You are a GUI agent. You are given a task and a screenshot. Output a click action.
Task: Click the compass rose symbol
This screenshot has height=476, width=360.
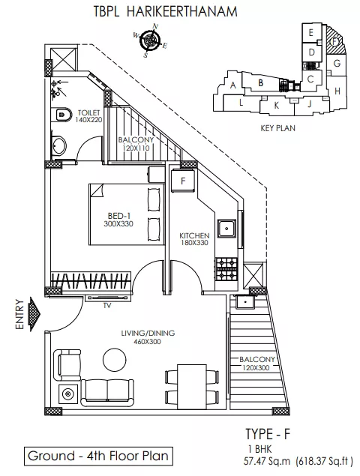(x=150, y=40)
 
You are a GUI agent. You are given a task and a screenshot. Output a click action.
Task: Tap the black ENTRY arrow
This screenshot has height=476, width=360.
(x=34, y=314)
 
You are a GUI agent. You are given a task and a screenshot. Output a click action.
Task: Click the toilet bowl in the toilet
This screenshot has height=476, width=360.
(x=63, y=115)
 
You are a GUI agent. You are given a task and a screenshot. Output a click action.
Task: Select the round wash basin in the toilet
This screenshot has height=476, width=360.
(x=58, y=146)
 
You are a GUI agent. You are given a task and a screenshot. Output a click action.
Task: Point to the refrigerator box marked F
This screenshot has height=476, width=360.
(x=183, y=181)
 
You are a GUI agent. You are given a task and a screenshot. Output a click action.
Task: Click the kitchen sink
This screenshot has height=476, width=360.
(x=226, y=228)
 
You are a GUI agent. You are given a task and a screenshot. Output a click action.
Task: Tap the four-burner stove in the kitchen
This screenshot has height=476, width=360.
(x=226, y=269)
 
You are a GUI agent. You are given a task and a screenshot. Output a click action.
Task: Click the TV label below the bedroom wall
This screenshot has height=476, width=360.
(x=107, y=306)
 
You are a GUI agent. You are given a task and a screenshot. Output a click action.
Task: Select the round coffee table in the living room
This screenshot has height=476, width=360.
(x=113, y=358)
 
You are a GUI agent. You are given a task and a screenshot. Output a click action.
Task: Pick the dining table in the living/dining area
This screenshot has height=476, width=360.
(x=192, y=387)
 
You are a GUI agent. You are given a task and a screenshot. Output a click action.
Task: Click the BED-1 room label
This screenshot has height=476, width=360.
(x=119, y=216)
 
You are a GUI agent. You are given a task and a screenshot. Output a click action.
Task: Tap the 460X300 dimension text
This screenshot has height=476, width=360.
(x=147, y=342)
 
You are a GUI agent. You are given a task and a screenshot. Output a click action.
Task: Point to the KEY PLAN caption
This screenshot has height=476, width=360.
(x=277, y=128)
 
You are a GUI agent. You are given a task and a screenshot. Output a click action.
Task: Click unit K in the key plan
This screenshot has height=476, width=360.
(x=276, y=106)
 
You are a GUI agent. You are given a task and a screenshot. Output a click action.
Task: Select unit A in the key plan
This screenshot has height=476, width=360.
(x=233, y=85)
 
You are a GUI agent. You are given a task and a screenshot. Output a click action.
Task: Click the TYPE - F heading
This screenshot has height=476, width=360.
(x=268, y=434)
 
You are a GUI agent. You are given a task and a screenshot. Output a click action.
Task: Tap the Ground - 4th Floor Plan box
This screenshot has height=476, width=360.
(x=98, y=456)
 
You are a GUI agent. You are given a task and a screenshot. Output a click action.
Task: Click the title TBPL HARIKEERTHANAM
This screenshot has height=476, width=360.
(x=165, y=11)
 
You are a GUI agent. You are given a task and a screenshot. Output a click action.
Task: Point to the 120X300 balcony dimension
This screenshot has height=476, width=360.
(x=256, y=368)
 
